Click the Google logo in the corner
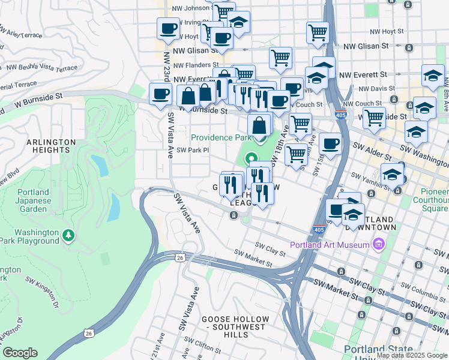point(20,353)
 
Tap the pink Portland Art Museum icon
point(378,244)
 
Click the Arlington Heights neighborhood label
point(51,146)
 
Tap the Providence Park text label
point(220,137)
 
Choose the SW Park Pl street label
point(192,150)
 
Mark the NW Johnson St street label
point(187,8)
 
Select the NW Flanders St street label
point(196,65)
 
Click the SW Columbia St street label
point(412,293)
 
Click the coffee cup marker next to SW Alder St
point(330,143)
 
